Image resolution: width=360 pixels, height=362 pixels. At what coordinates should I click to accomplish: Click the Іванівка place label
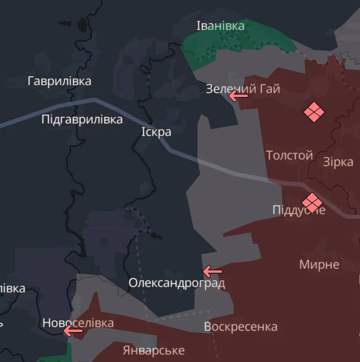click(x=220, y=26)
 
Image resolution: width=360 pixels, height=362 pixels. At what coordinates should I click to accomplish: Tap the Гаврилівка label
click(x=59, y=81)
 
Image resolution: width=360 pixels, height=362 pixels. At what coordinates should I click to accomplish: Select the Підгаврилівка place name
click(x=82, y=119)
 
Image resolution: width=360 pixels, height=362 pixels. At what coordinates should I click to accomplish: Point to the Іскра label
click(x=156, y=132)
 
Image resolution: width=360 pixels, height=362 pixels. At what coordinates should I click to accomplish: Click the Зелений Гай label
click(x=243, y=89)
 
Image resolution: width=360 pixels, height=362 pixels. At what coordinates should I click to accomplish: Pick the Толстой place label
click(x=289, y=155)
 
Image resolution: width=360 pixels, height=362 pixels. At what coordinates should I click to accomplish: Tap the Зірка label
click(x=338, y=162)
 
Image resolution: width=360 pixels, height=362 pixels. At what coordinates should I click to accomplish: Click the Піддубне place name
click(x=299, y=210)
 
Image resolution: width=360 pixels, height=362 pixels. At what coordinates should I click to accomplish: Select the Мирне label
click(x=319, y=264)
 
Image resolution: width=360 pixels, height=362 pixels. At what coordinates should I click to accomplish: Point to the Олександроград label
click(x=176, y=283)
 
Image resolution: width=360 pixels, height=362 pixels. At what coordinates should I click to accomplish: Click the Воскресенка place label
click(x=241, y=327)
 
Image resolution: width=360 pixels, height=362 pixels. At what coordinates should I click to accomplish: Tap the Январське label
click(x=154, y=350)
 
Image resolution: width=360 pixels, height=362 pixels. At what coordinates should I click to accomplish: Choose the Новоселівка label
click(x=78, y=323)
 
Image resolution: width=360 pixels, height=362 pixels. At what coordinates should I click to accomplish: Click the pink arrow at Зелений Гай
click(x=238, y=96)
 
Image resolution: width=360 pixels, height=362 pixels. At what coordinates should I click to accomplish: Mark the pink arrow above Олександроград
click(x=212, y=272)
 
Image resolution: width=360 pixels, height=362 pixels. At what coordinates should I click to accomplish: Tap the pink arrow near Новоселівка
click(x=73, y=331)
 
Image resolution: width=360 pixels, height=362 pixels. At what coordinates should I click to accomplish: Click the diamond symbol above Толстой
click(x=314, y=112)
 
